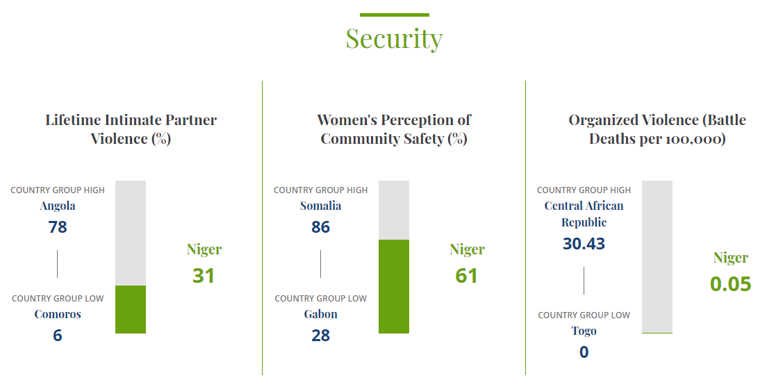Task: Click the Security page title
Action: (x=394, y=39)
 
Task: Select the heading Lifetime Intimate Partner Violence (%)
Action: (x=131, y=129)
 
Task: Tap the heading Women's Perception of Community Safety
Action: (x=394, y=129)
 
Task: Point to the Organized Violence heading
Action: (x=657, y=129)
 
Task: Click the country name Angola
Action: (x=58, y=206)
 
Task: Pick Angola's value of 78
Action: (x=58, y=227)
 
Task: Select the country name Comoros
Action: (x=58, y=314)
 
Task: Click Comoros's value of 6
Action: (x=58, y=336)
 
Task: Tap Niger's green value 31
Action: (x=204, y=276)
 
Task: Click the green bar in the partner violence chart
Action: (x=131, y=309)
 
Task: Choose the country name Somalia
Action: (x=320, y=206)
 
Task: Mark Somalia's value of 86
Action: (x=320, y=227)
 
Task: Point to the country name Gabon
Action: (x=320, y=314)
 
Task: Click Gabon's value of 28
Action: (x=320, y=336)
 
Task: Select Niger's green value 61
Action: (x=467, y=276)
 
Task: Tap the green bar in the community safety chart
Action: (x=394, y=286)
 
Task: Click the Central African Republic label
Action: (x=584, y=214)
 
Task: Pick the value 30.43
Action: (x=584, y=244)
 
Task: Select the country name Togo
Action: (x=584, y=331)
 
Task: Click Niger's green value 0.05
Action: (x=730, y=284)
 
